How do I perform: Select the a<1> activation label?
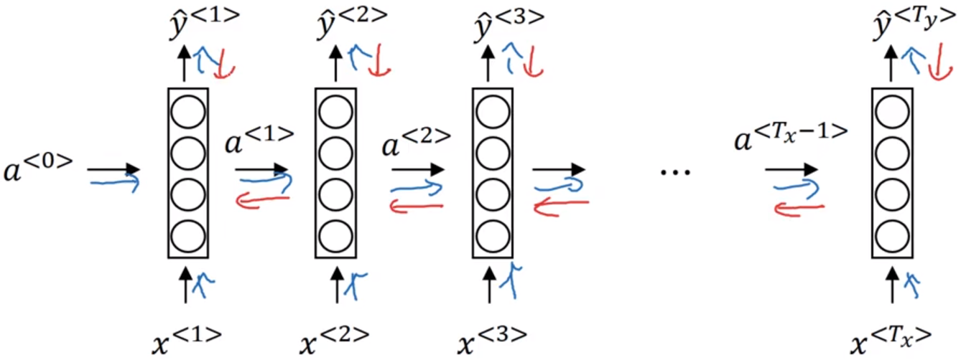(x=259, y=138)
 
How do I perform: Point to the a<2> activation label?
(x=416, y=138)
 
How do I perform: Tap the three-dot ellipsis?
(x=675, y=171)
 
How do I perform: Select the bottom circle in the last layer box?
(x=892, y=235)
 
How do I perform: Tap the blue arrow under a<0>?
(x=113, y=183)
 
